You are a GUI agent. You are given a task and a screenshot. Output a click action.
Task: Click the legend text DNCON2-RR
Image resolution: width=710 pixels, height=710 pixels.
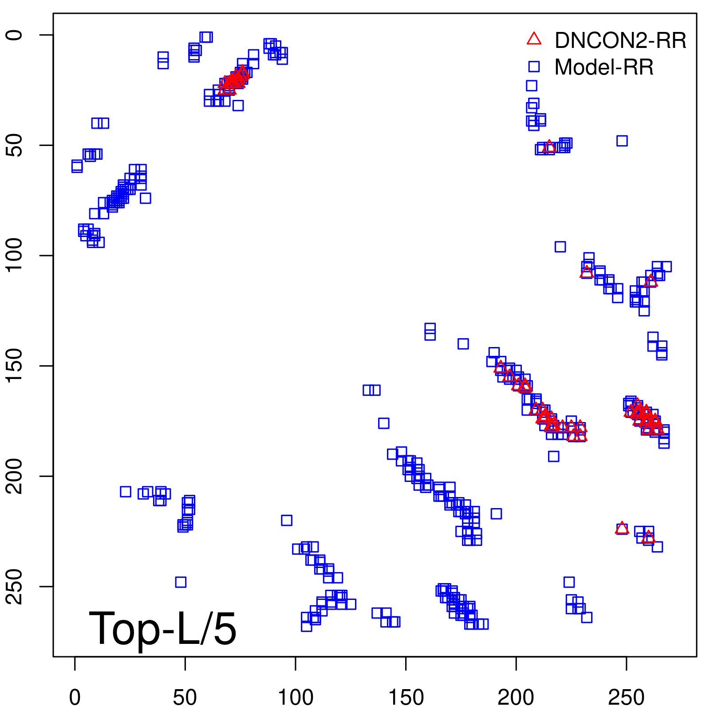pos(620,41)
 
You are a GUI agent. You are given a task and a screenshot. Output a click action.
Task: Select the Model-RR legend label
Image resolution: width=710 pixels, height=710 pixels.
pos(604,67)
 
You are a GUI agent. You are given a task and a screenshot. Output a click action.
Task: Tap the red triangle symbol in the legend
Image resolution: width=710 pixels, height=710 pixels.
pos(534,39)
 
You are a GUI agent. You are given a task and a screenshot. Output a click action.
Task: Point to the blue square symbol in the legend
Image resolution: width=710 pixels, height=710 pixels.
pos(534,67)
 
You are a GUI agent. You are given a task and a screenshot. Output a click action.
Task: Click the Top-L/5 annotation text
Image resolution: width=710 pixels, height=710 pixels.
pos(162,628)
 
